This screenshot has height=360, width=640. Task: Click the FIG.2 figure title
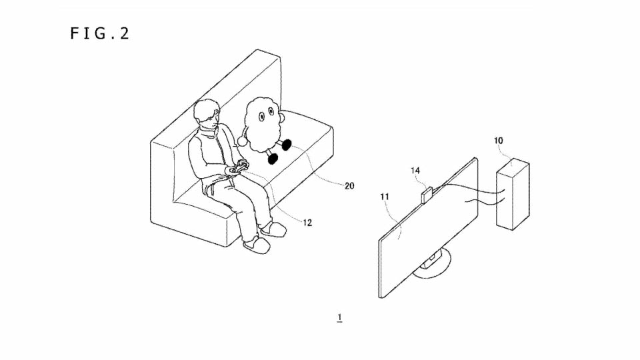100,33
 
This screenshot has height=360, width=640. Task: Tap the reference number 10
499,141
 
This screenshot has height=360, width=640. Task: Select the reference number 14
415,170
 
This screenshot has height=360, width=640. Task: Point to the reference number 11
385,197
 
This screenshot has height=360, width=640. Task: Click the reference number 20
349,186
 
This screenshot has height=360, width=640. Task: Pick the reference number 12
307,223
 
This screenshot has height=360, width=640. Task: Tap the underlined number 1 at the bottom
339,317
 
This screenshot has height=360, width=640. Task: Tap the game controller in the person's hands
239,167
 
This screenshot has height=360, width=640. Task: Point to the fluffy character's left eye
261,117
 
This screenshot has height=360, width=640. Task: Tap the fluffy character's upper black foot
287,144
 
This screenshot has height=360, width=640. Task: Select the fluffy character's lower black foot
273,159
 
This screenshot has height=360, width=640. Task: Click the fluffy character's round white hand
242,141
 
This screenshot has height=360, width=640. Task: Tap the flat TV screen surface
428,228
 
